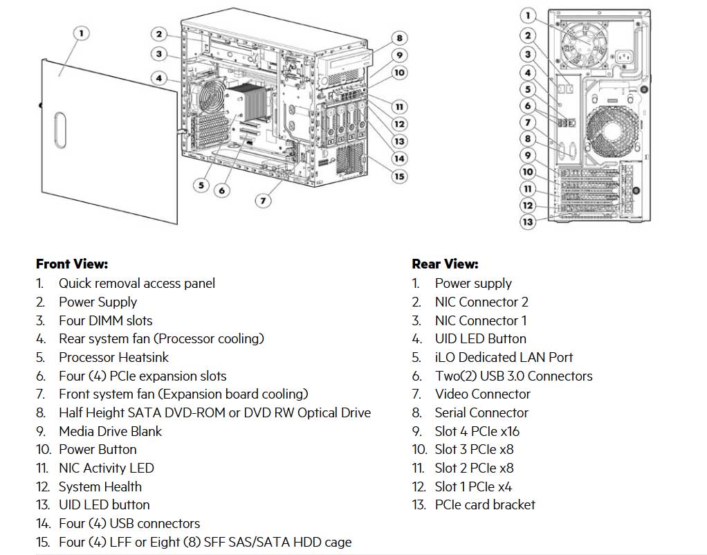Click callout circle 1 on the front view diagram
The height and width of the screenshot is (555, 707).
pos(82,33)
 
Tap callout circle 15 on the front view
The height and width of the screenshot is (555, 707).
pos(399,176)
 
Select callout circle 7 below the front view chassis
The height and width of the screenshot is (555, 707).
pos(263,201)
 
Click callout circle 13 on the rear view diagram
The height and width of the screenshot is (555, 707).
pos(528,221)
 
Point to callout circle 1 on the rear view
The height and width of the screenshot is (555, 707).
pos(528,15)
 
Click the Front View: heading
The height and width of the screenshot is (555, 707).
pos(71,264)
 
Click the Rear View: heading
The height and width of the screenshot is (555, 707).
pos(445,264)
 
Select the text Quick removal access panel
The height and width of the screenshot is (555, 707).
pos(136,283)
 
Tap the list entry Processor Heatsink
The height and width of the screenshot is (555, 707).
pos(113,357)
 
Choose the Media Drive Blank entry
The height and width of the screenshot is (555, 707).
pos(110,431)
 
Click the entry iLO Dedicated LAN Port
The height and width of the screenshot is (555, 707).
pos(504,357)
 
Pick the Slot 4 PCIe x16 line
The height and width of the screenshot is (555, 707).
pos(477,431)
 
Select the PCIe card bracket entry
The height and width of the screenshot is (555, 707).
pos(485,504)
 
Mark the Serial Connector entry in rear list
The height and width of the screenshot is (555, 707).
pos(481,412)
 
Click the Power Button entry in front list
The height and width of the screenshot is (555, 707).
pos(98,449)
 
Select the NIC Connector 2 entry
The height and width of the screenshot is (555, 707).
pos(481,302)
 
